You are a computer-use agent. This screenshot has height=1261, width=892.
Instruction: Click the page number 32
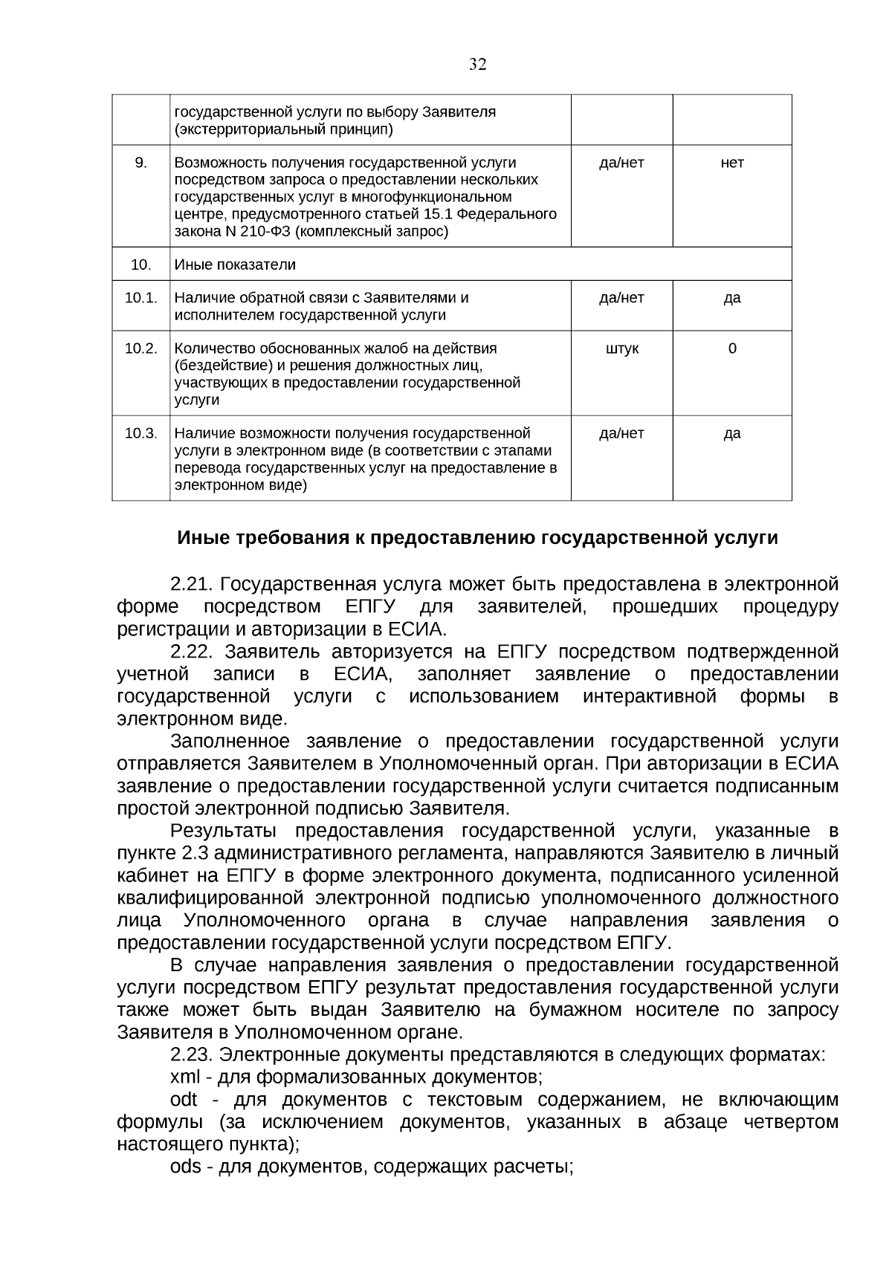tap(477, 65)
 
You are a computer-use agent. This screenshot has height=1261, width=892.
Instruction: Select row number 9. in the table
tap(140, 163)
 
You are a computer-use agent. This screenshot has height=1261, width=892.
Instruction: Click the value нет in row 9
tap(731, 163)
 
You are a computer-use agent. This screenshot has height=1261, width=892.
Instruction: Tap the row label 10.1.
tap(140, 298)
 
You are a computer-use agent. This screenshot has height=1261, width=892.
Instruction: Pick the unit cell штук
tap(621, 349)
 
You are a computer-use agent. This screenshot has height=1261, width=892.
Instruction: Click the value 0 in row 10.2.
tap(731, 349)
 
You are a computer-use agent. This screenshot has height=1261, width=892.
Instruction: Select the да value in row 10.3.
tap(731, 433)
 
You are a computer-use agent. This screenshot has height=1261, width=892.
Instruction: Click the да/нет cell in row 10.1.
tap(621, 298)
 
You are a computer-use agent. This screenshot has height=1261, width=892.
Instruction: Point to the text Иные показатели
tap(234, 265)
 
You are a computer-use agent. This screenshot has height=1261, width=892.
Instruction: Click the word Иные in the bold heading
tap(204, 538)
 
